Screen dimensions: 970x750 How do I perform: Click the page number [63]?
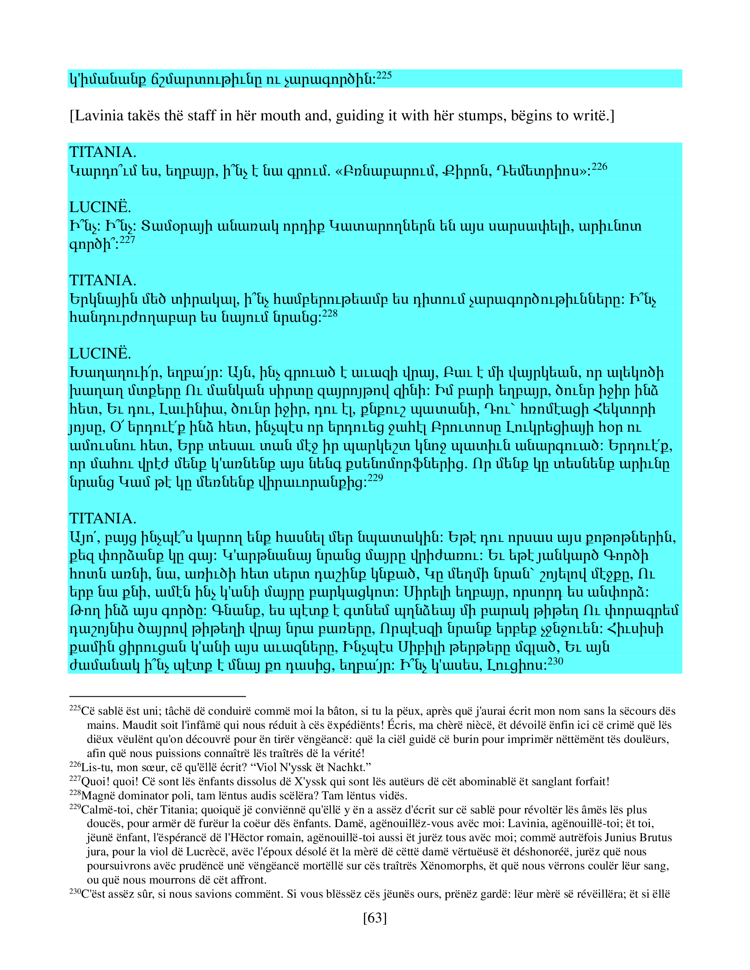(x=375, y=918)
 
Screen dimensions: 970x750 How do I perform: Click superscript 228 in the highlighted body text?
(x=330, y=314)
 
